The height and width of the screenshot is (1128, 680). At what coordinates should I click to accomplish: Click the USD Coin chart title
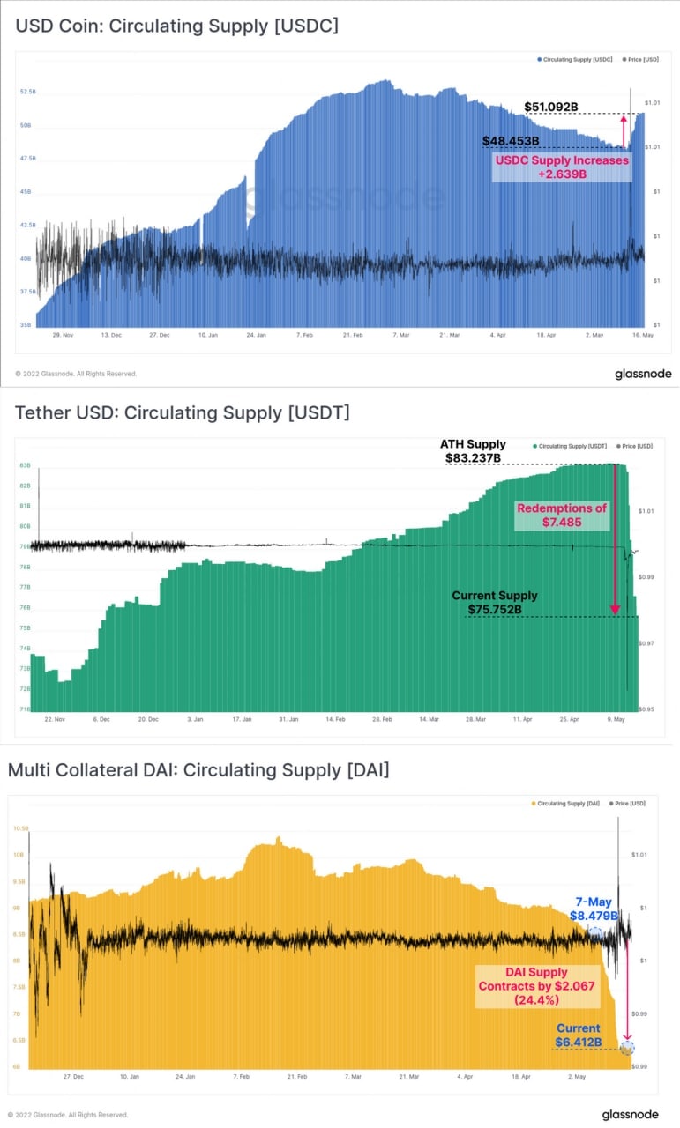point(176,26)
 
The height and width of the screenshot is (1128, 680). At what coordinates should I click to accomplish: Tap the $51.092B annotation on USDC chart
point(551,108)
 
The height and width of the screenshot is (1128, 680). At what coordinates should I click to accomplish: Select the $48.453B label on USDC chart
point(511,141)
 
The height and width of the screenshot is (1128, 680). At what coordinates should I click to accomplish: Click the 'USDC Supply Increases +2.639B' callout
point(562,167)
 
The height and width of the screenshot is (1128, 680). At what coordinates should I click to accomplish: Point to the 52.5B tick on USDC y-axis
point(27,92)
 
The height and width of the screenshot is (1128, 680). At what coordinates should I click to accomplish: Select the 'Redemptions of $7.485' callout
point(562,516)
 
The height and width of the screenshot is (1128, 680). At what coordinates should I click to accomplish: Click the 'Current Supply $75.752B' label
point(494,602)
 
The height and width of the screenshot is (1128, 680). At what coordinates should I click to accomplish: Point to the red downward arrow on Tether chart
point(616,539)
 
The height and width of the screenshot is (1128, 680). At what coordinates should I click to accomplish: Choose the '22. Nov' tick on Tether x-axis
point(55,719)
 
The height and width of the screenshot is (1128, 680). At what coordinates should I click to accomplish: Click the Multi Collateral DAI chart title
point(198,770)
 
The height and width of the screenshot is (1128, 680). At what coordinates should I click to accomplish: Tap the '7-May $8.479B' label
point(593,909)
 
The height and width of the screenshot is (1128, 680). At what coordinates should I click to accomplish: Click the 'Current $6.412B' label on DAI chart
point(578,1035)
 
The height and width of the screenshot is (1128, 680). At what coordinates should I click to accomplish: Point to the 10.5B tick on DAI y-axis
point(19,828)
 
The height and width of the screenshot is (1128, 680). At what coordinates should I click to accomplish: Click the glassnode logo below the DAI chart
point(630,1115)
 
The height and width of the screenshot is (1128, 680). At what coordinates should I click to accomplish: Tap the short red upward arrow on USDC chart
point(624,131)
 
